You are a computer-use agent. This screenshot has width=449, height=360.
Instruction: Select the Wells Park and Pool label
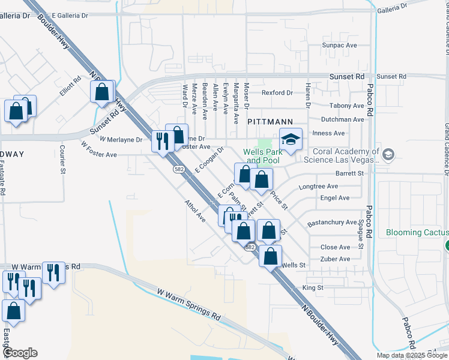(262, 156)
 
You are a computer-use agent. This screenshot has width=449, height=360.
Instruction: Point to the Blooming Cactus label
(417, 232)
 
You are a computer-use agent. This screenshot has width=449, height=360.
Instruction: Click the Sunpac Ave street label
(339, 45)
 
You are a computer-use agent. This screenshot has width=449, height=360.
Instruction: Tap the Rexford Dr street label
(277, 93)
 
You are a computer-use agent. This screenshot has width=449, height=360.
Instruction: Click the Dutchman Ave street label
(343, 119)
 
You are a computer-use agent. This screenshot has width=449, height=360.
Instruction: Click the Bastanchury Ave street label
(332, 223)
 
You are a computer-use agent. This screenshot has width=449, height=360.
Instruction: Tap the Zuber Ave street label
(336, 259)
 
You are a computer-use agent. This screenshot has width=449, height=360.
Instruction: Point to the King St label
(313, 288)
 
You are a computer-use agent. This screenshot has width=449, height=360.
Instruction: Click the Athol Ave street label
(195, 211)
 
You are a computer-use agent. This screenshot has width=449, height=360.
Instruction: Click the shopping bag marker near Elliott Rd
(102, 92)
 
